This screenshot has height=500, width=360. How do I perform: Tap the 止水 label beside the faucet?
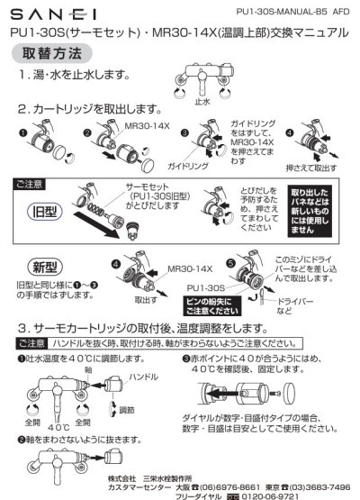(x=203, y=103)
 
